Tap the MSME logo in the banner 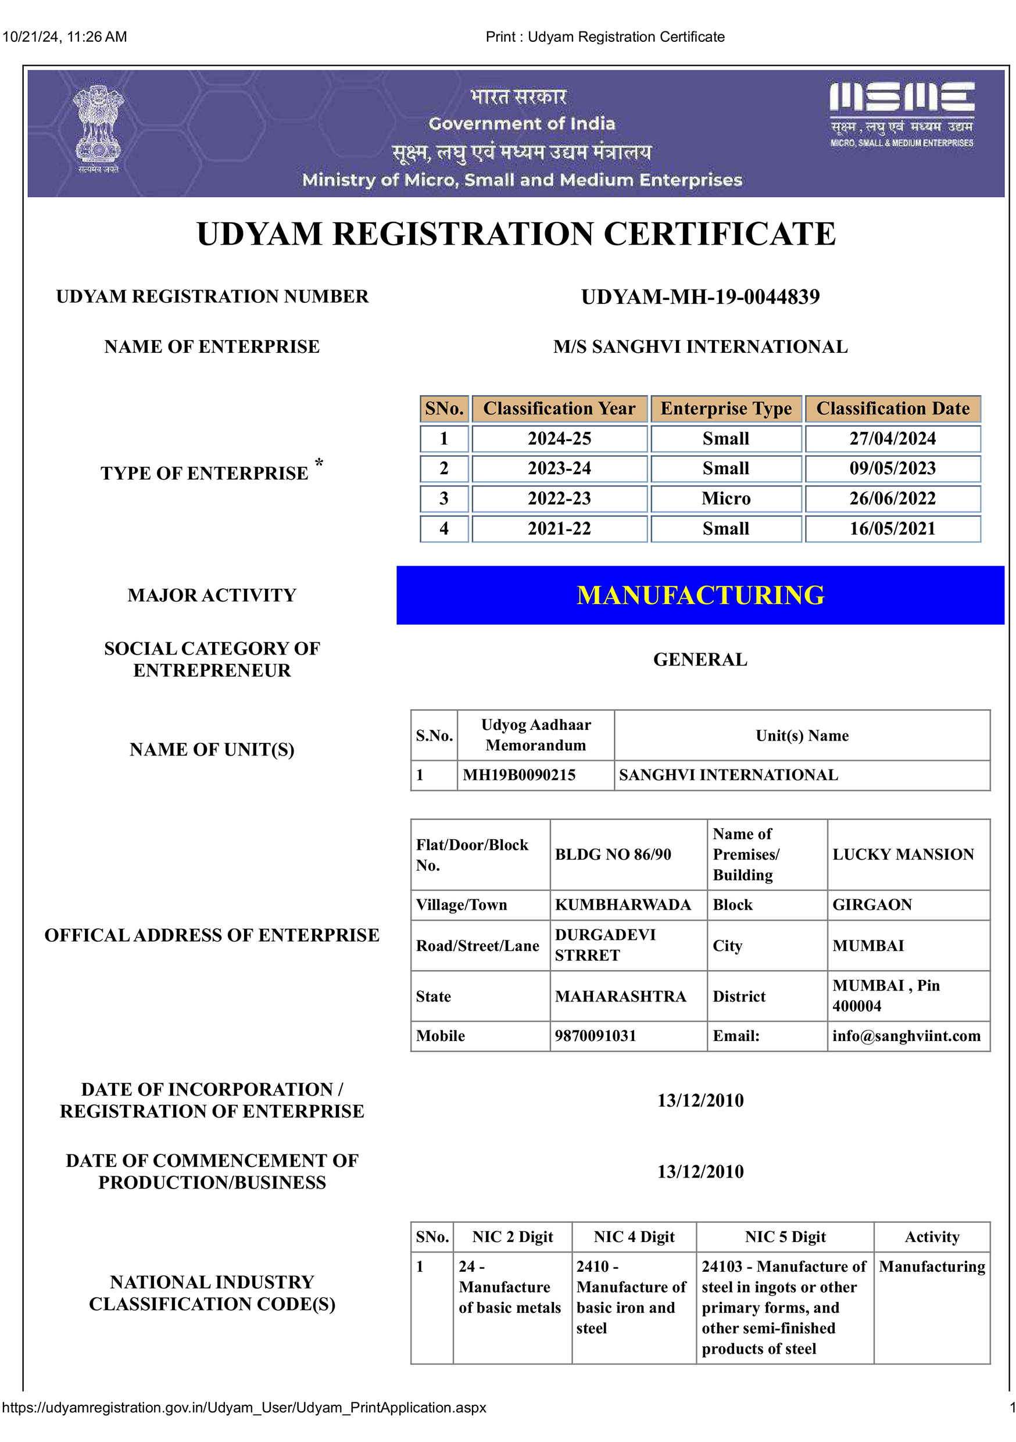[901, 114]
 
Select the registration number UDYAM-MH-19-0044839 [700, 296]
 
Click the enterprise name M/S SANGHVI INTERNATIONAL [700, 346]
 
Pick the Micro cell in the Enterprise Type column [725, 499]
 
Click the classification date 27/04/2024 [892, 438]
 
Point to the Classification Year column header [559, 408]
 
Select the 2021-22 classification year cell [559, 529]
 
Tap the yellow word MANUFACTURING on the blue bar [700, 595]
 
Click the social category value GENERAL [700, 660]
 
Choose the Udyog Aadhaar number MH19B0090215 [518, 775]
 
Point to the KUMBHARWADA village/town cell [623, 904]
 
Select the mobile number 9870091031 [595, 1036]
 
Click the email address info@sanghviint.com [906, 1036]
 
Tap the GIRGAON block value [872, 904]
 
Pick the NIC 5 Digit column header [785, 1237]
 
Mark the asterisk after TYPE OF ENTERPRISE [319, 463]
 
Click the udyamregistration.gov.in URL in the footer [244, 1408]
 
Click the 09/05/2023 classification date [892, 468]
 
